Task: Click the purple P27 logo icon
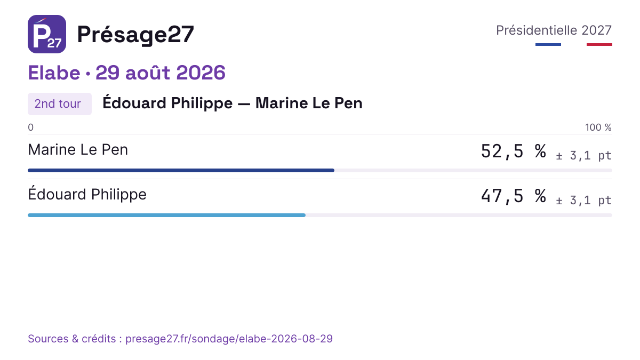pos(47,34)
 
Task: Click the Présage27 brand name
pos(135,35)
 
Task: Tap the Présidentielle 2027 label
pos(554,30)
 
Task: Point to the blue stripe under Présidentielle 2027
pos(548,45)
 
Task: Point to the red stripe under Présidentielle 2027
pos(599,45)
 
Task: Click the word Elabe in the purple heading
pos(54,73)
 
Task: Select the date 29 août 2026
pos(161,73)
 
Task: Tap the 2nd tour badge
pos(60,104)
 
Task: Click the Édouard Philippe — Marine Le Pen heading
pos(233,103)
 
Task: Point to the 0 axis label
pos(30,127)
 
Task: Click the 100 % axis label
pos(598,127)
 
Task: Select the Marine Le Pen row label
pos(78,150)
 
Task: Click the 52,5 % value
pos(514,151)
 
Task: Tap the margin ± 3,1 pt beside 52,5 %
pos(583,156)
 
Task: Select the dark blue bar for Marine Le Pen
pos(181,171)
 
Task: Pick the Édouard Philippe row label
pos(87,194)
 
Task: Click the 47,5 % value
pos(514,196)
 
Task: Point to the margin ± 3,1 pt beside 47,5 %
pos(583,201)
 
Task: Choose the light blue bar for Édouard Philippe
pos(166,215)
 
